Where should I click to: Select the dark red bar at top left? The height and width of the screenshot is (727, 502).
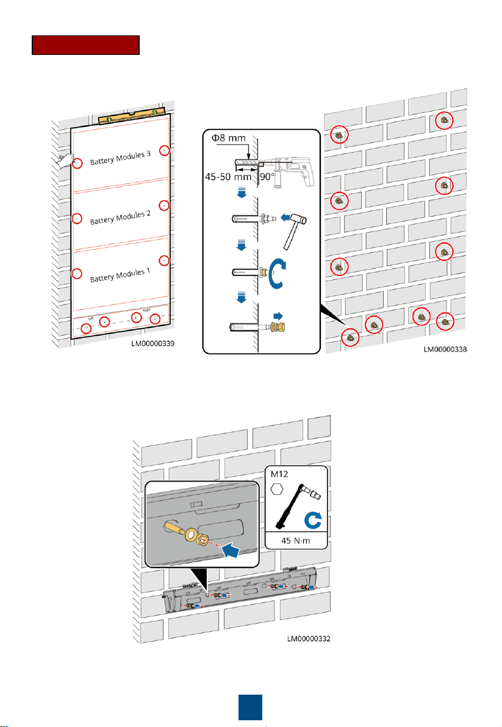[x=86, y=46]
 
